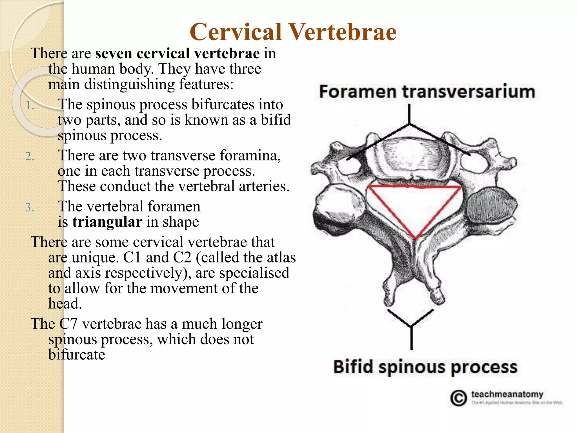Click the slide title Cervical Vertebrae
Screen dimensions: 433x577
[293, 32]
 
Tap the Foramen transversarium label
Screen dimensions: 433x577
[427, 92]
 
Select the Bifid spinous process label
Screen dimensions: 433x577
[425, 367]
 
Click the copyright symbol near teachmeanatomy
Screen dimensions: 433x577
[458, 398]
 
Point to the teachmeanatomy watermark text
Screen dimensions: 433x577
[507, 394]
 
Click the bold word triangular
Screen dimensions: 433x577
[107, 222]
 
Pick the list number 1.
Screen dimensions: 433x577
[29, 106]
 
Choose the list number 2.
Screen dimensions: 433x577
[29, 156]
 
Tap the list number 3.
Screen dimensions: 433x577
[29, 207]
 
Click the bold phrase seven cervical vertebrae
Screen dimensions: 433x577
[177, 53]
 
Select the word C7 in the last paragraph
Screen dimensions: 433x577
[68, 324]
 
